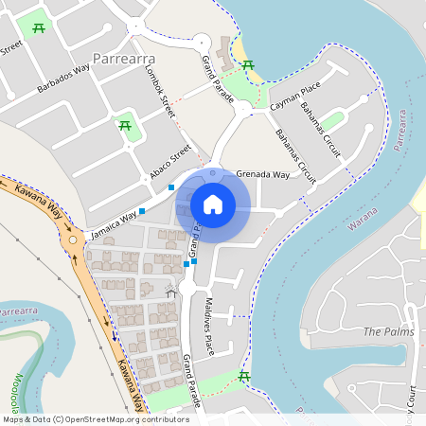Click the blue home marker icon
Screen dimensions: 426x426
point(213,204)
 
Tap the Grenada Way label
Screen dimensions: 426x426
point(263,174)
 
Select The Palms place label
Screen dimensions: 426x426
point(382,332)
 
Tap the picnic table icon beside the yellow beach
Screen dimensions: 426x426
point(248,64)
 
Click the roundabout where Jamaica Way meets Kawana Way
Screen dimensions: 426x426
point(72,242)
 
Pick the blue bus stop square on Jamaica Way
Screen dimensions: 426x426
point(142,210)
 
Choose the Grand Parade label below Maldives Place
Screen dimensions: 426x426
point(193,381)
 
